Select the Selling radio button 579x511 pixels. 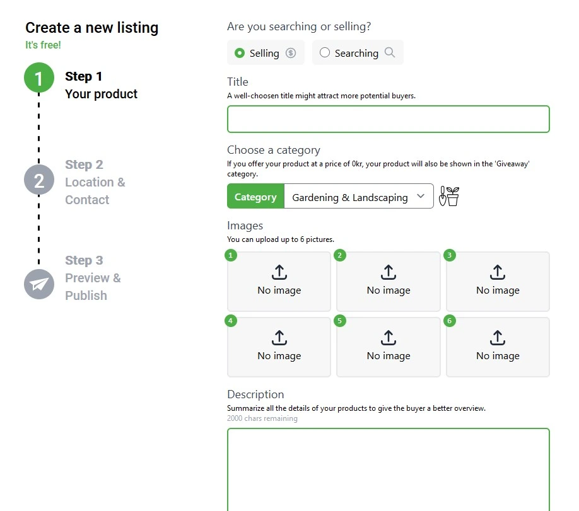tap(240, 53)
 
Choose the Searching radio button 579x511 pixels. tap(325, 53)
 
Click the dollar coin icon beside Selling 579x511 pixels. tap(291, 53)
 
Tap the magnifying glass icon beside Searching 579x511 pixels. tap(390, 53)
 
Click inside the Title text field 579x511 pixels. tap(388, 119)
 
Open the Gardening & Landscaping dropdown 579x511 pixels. tap(358, 197)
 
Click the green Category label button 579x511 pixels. tap(255, 197)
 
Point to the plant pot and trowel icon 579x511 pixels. tap(449, 197)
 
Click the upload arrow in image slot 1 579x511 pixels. tap(279, 272)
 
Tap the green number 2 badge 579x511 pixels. tap(341, 255)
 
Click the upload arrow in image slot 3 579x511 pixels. tap(498, 272)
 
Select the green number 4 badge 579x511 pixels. tap(231, 321)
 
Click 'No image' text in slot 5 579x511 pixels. tap(389, 356)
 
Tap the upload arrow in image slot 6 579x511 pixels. tap(498, 338)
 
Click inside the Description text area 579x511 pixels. tap(388, 469)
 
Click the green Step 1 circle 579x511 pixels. tap(39, 78)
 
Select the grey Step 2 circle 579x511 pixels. tap(39, 180)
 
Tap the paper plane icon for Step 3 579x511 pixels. tap(39, 284)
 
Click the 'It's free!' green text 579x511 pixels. tap(43, 45)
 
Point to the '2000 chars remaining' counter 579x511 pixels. tap(262, 418)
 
